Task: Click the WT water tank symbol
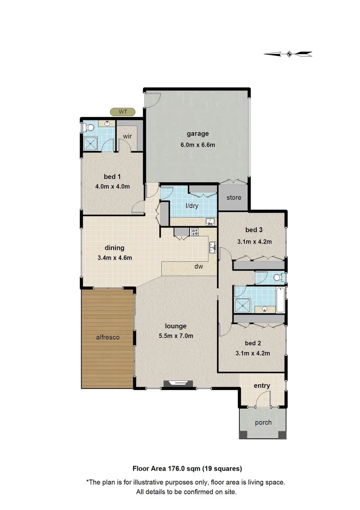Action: [x=123, y=112]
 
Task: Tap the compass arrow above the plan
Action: [x=288, y=54]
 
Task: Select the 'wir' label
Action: [x=127, y=136]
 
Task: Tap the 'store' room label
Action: [x=234, y=197]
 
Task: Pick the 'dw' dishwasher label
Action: [x=199, y=267]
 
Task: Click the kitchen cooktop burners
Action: [x=194, y=231]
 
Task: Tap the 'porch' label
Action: [x=263, y=422]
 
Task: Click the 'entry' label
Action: [x=262, y=386]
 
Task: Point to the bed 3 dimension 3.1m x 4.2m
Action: [x=254, y=241]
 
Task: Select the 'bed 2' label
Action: [x=254, y=343]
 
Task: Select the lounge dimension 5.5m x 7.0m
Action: [x=176, y=336]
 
